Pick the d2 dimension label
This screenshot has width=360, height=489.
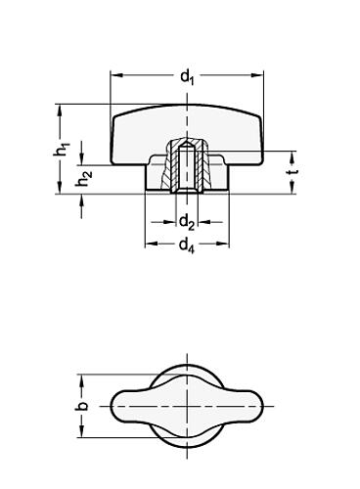pyautogui.click(x=186, y=223)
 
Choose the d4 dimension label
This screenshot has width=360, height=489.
pyautogui.click(x=186, y=245)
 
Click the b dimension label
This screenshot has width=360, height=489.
pyautogui.click(x=82, y=405)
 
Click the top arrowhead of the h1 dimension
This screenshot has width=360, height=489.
pyautogui.click(x=62, y=111)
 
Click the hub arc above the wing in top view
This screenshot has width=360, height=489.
pyautogui.click(x=186, y=370)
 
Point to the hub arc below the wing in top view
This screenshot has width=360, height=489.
pyautogui.click(x=186, y=441)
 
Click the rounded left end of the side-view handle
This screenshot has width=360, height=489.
pyautogui.click(x=118, y=132)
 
